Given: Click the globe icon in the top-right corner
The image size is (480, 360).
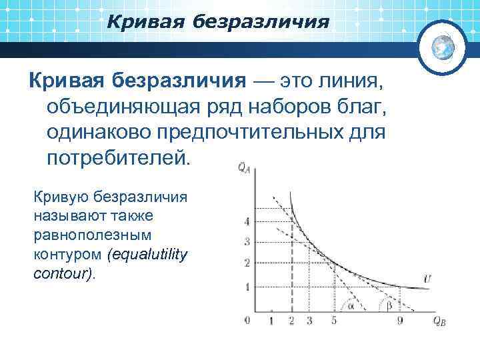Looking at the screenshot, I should click(441, 45).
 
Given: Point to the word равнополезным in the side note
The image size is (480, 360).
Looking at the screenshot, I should click(92, 235).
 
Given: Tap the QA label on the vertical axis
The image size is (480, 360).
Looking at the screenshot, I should click(244, 168).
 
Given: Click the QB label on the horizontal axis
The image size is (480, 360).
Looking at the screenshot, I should click(439, 323).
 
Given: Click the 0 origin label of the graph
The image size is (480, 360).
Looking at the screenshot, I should click(247, 321).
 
